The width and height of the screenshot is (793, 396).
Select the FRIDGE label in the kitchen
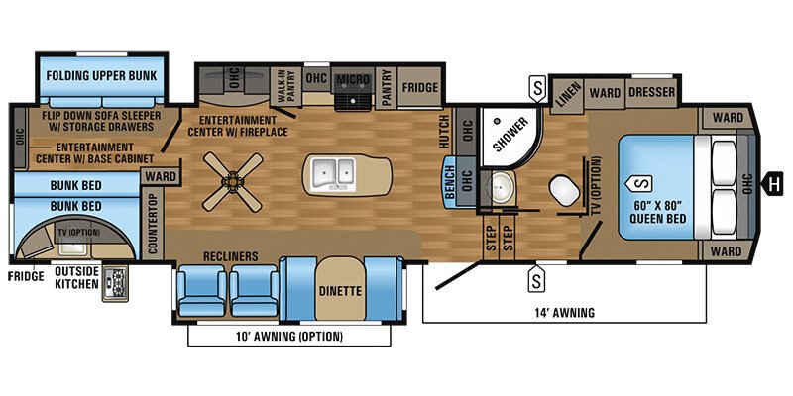click(420, 88)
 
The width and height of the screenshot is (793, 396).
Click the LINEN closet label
click(566, 95)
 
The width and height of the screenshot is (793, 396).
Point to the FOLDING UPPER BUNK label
click(103, 74)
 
